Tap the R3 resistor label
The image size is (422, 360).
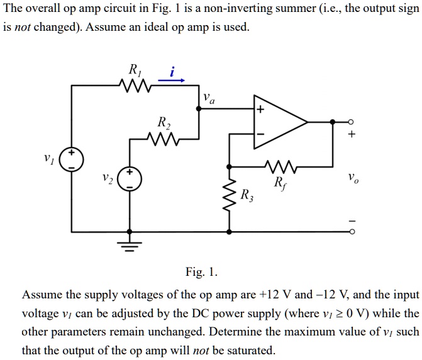[248, 194]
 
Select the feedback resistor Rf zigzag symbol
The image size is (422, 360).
[277, 168]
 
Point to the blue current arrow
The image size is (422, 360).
[171, 80]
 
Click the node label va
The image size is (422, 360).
[208, 99]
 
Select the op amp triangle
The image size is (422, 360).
[279, 122]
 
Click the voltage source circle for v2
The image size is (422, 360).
[130, 179]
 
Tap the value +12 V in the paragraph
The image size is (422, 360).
[272, 294]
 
